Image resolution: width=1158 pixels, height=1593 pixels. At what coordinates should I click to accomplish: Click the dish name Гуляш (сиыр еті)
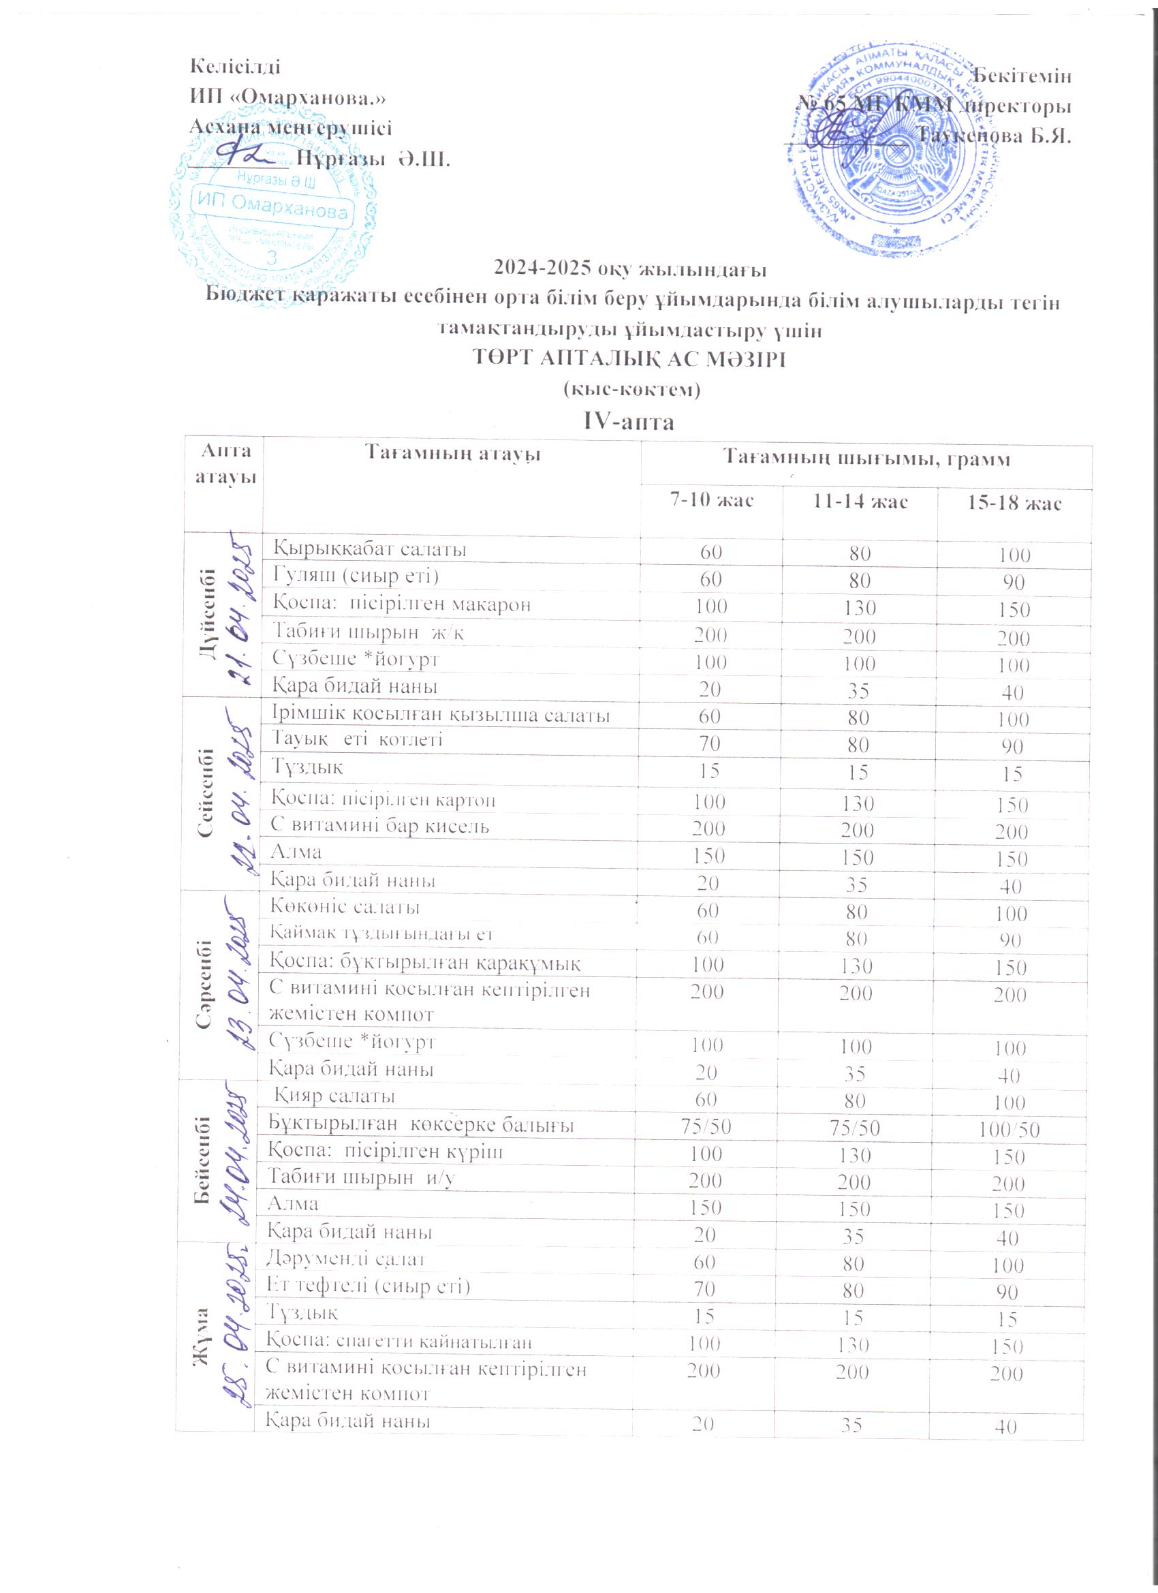355,576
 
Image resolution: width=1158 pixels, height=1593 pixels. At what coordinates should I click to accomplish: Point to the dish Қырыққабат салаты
370,548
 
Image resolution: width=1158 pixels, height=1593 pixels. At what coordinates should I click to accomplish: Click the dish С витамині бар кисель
380,825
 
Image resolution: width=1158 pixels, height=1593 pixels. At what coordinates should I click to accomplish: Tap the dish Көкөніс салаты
345,907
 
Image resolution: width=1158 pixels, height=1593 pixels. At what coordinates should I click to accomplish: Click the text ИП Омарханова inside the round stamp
273,206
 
